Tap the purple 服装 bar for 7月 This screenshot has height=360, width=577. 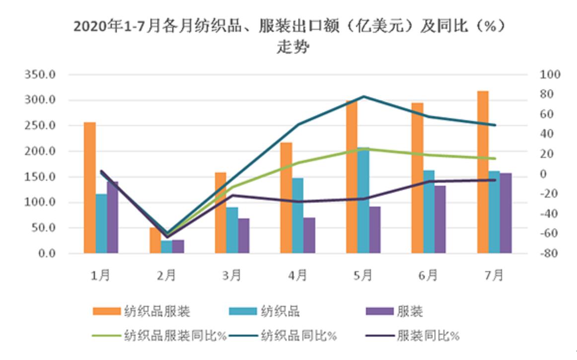click(505, 213)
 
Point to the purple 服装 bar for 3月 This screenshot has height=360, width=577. click(243, 236)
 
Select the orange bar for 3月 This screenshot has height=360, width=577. click(220, 213)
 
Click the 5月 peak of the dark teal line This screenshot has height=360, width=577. click(364, 96)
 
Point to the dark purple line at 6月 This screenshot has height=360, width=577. click(429, 182)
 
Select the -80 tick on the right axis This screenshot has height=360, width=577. click(550, 254)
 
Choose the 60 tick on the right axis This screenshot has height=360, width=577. click(550, 114)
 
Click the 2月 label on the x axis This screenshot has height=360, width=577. click(167, 275)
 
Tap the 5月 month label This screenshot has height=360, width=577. click(363, 275)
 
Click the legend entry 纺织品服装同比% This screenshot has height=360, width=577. click(176, 336)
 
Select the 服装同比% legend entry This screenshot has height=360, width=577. click(428, 336)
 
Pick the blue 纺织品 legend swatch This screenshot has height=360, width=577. click(243, 312)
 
